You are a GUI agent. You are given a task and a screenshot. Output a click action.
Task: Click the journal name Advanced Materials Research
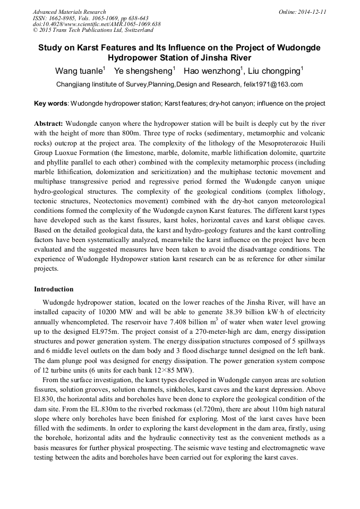click(x=70, y=12)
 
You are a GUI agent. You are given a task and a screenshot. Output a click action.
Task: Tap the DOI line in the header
click(x=97, y=24)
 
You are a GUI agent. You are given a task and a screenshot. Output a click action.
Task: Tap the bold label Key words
click(x=50, y=103)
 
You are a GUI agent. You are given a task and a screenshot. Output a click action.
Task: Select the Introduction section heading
click(x=54, y=289)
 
